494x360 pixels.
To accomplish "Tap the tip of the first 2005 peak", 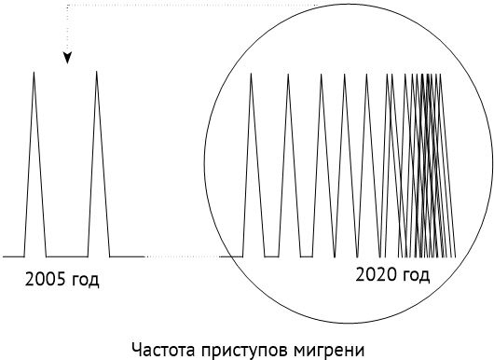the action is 34,73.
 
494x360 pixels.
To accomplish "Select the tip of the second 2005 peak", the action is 98,73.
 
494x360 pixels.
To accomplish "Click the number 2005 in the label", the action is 44,279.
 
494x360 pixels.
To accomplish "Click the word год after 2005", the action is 84,280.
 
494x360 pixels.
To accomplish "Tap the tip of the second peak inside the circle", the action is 288,76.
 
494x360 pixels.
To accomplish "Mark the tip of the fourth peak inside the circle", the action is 345,76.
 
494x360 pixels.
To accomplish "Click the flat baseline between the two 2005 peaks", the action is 66,255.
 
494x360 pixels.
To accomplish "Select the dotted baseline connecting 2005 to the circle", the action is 182,255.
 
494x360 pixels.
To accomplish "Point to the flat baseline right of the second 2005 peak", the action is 127,255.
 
